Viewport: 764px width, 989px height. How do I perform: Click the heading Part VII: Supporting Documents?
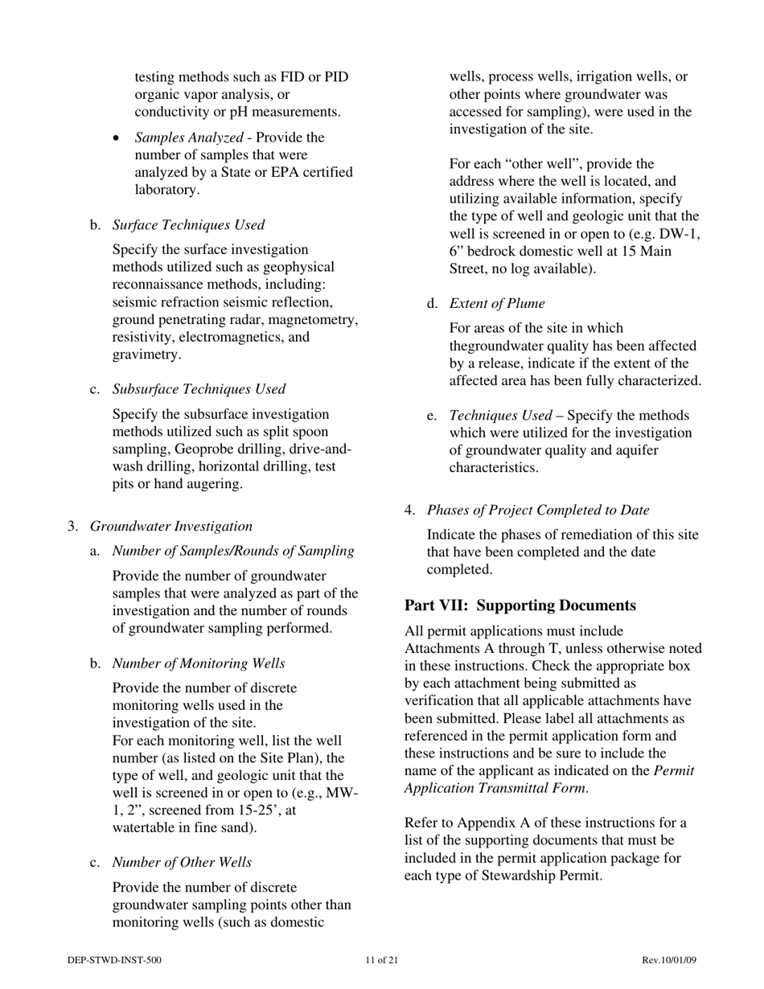pyautogui.click(x=520, y=605)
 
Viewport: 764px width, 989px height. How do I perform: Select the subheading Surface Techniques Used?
pyautogui.click(x=187, y=225)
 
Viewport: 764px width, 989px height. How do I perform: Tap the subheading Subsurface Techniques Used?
pyautogui.click(x=198, y=389)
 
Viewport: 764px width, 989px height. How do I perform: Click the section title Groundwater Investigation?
pyautogui.click(x=170, y=526)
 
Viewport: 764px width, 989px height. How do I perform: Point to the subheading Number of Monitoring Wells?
pyautogui.click(x=198, y=663)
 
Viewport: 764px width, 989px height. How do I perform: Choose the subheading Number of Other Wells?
pyautogui.click(x=182, y=863)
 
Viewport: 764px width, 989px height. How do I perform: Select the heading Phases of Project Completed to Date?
pyautogui.click(x=537, y=510)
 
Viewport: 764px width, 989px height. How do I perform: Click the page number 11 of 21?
pyautogui.click(x=381, y=960)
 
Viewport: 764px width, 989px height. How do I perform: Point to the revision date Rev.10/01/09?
pyautogui.click(x=669, y=960)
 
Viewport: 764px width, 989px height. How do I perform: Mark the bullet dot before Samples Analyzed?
pyautogui.click(x=117, y=138)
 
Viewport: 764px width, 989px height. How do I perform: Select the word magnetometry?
pyautogui.click(x=315, y=319)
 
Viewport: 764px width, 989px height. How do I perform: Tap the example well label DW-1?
pyautogui.click(x=680, y=234)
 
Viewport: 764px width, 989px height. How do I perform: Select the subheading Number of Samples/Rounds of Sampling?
pyautogui.click(x=232, y=551)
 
